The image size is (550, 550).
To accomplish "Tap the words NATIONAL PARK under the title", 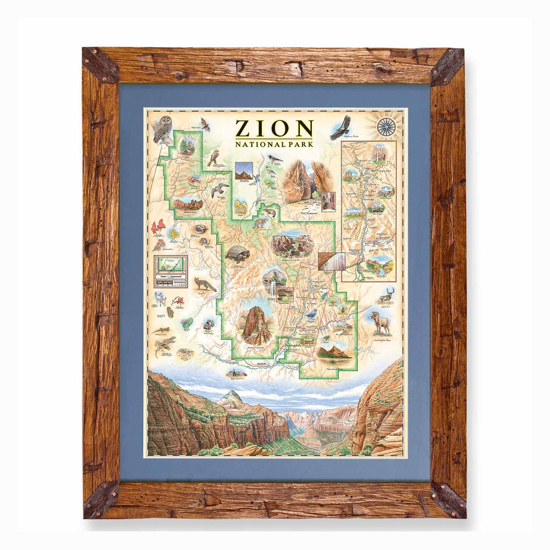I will tap(274, 145).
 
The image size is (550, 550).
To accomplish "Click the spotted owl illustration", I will tap(162, 129).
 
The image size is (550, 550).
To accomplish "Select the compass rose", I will tap(386, 127).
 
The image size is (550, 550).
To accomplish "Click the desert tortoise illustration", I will tap(238, 253).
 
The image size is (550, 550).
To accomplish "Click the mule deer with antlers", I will tap(387, 296).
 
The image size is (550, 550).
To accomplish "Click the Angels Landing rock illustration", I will tap(256, 324).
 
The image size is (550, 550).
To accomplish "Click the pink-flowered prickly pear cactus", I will tap(186, 323).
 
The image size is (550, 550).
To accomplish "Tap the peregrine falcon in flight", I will tap(220, 190).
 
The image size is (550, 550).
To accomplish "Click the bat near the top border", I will tap(205, 124).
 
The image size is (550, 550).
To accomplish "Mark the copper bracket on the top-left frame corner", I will tap(100, 65).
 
